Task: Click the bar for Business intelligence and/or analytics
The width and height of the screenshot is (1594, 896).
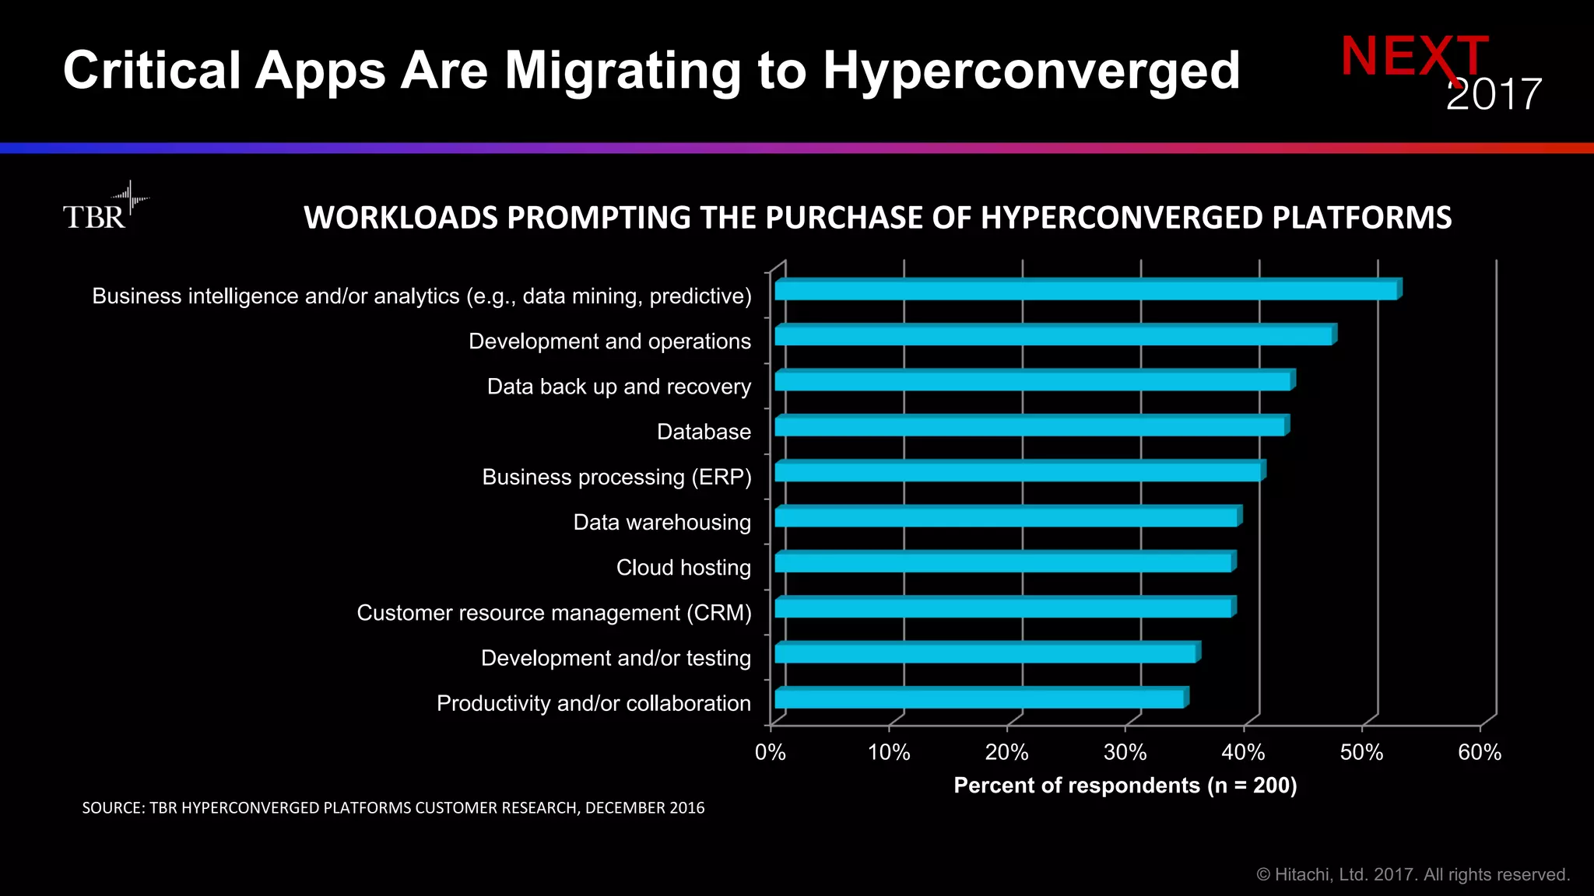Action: coord(1086,290)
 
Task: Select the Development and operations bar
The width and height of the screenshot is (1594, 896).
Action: coord(1053,336)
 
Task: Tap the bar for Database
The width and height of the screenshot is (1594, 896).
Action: coord(1030,426)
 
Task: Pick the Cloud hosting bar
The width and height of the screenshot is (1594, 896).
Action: coord(1003,562)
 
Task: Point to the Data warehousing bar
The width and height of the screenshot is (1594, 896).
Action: coord(1006,517)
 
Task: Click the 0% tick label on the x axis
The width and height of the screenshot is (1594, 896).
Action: coord(770,752)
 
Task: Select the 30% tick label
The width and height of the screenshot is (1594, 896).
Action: coord(1125,752)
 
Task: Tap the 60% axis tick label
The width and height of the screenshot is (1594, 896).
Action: coord(1479,752)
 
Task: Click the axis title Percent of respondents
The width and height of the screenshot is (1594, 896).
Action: coord(1125,786)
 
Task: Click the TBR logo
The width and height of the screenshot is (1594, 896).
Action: coord(101,208)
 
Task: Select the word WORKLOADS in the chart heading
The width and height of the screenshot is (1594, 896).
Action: coord(399,218)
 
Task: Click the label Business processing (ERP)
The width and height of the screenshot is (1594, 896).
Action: coord(616,477)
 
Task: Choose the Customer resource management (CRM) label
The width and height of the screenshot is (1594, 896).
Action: coord(553,613)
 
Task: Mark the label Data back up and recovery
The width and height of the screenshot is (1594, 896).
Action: coord(619,387)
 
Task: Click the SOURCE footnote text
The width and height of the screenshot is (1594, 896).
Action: coord(393,808)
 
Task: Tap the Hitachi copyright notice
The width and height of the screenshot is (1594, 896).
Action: coord(1413,875)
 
